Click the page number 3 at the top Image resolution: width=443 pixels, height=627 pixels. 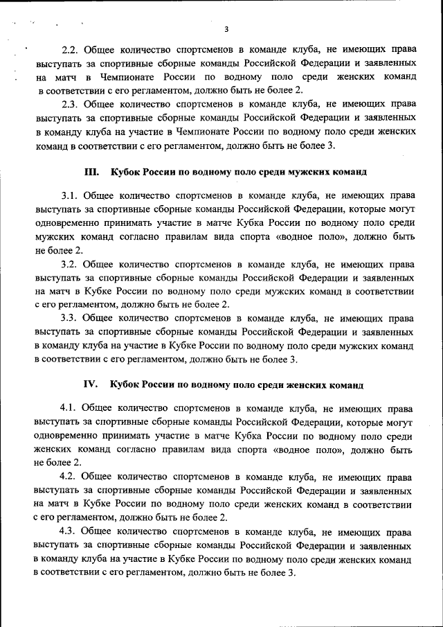click(226, 28)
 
